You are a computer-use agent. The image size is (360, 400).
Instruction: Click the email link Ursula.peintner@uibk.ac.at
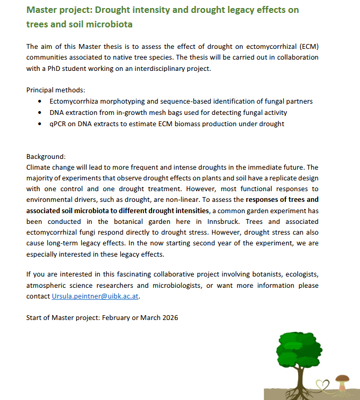(98, 295)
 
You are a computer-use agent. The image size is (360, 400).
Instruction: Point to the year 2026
(168, 317)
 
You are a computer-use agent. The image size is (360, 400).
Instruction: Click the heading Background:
(45, 156)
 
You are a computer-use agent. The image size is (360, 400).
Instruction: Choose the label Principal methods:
(56, 90)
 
